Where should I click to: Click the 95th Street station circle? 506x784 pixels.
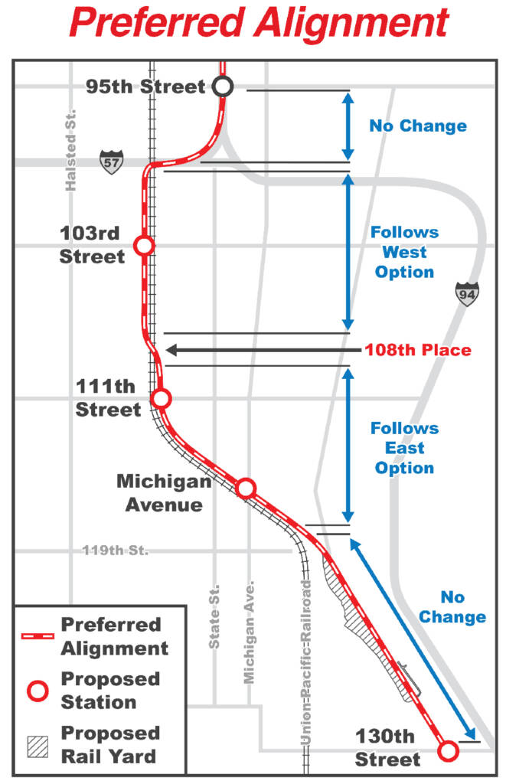pyautogui.click(x=223, y=87)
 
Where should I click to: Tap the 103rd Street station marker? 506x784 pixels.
pyautogui.click(x=143, y=245)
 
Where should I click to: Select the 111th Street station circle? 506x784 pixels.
pyautogui.click(x=161, y=398)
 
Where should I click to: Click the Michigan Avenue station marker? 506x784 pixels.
pyautogui.click(x=246, y=488)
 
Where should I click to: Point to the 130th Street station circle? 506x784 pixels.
pyautogui.click(x=448, y=751)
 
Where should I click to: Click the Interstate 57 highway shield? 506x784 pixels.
pyautogui.click(x=111, y=162)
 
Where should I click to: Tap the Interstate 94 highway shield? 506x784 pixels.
pyautogui.click(x=465, y=293)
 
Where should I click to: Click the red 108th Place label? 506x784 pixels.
pyautogui.click(x=417, y=350)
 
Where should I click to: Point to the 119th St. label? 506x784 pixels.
pyautogui.click(x=116, y=550)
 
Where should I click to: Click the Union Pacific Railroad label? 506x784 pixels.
pyautogui.click(x=307, y=663)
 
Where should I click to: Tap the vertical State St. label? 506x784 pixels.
pyautogui.click(x=215, y=616)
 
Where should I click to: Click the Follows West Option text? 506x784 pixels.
pyautogui.click(x=405, y=252)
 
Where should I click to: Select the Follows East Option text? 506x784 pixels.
pyautogui.click(x=405, y=448)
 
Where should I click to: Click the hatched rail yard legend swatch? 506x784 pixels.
pyautogui.click(x=37, y=745)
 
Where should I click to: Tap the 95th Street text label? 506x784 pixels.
pyautogui.click(x=146, y=86)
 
